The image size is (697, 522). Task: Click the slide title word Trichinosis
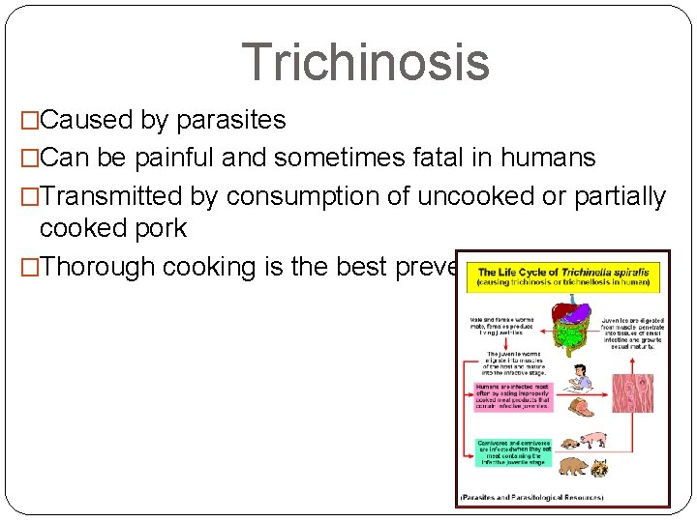click(x=365, y=61)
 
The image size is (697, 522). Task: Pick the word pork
click(x=157, y=228)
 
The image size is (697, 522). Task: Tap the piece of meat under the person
click(x=581, y=406)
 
